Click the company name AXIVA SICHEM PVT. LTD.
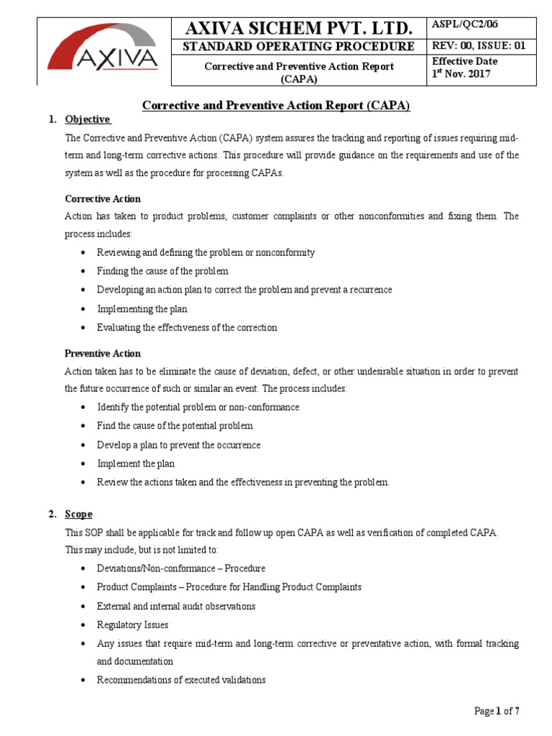(x=300, y=28)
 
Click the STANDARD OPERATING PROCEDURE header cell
(x=300, y=47)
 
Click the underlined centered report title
(x=275, y=105)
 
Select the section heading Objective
(x=88, y=119)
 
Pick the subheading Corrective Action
(x=103, y=198)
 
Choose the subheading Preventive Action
(x=103, y=354)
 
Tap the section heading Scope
(x=78, y=514)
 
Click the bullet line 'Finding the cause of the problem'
(x=162, y=271)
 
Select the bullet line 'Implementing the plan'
(x=142, y=308)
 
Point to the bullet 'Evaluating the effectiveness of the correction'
(x=187, y=327)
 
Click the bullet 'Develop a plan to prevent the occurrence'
(x=178, y=445)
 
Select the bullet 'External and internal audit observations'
(x=175, y=606)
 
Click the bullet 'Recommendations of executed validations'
(x=181, y=679)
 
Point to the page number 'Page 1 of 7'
(x=497, y=712)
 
